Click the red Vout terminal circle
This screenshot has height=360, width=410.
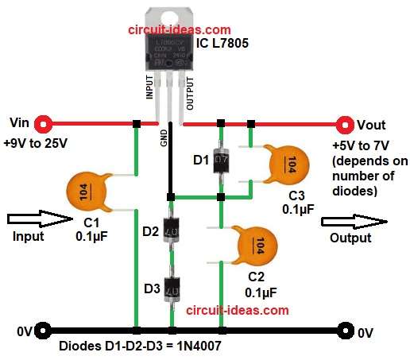pyautogui.click(x=345, y=124)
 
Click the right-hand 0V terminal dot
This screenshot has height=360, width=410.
pyautogui.click(x=345, y=330)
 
